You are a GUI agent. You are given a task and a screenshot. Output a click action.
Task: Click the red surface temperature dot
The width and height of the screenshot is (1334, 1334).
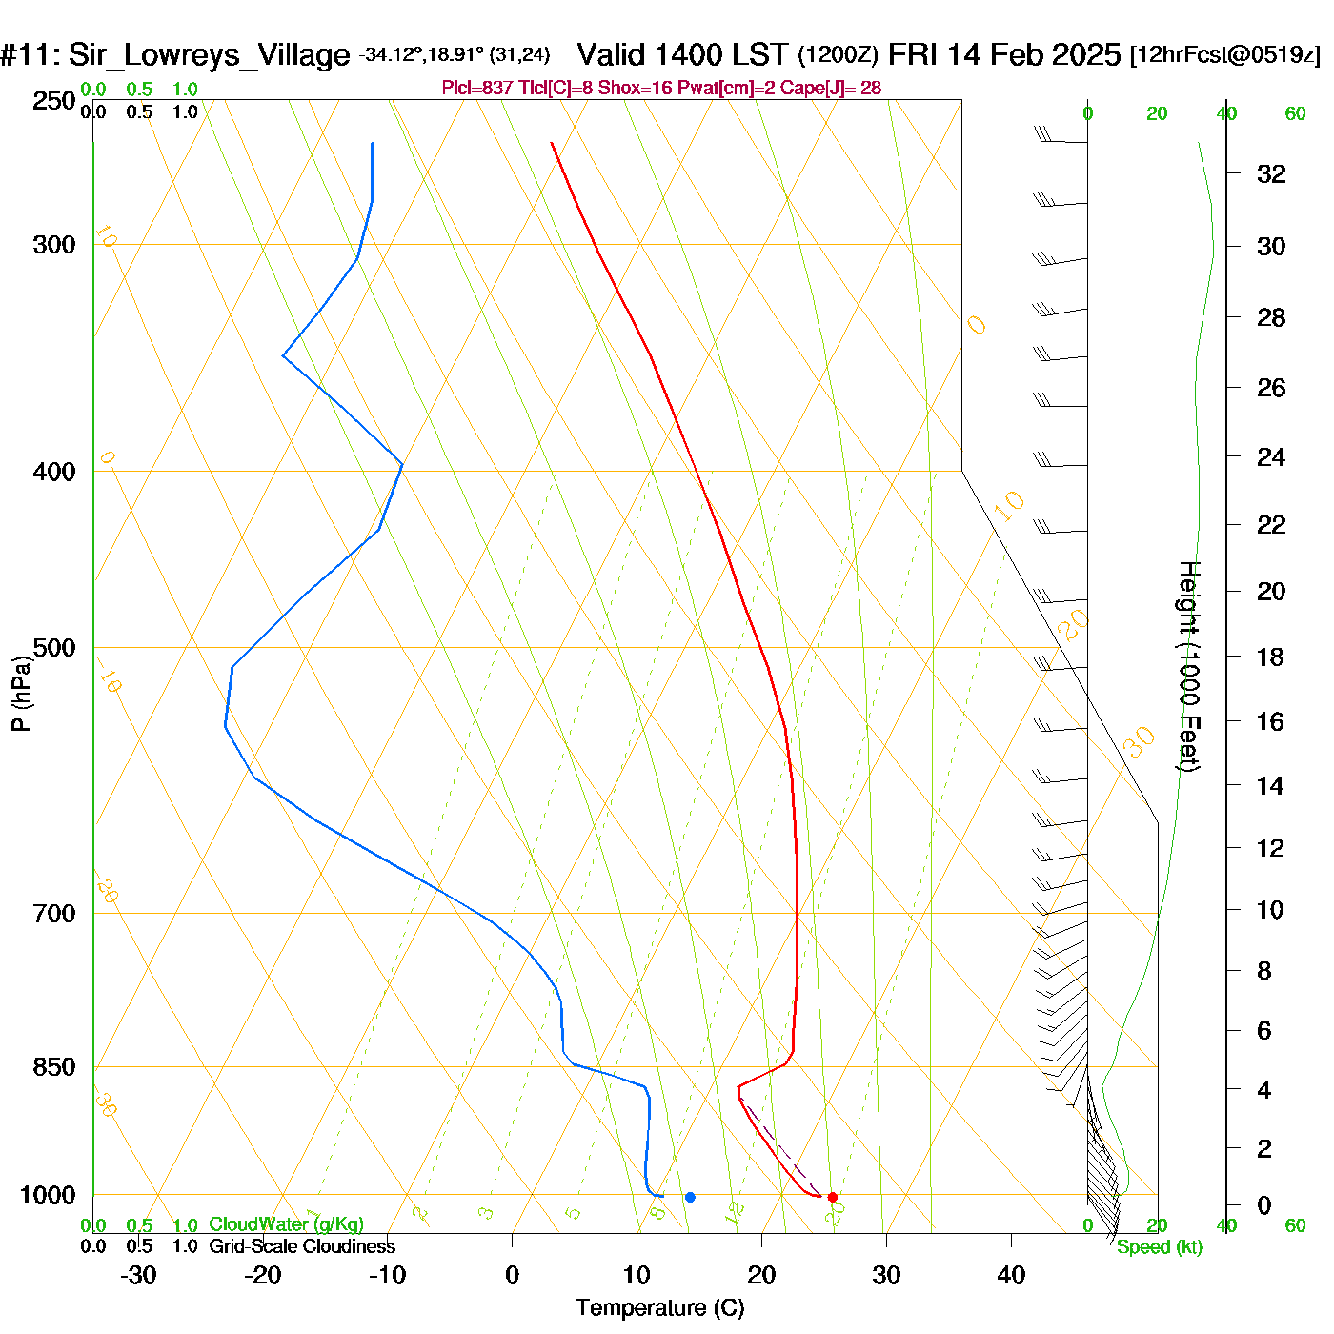pyautogui.click(x=832, y=1197)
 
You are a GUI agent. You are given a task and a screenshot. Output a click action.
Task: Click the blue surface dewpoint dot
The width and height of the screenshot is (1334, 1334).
pyautogui.click(x=690, y=1197)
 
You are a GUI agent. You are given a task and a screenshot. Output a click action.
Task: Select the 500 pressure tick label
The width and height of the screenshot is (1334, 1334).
pyautogui.click(x=54, y=648)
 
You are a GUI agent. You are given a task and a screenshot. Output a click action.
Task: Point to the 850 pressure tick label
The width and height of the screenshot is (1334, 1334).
pyautogui.click(x=54, y=1067)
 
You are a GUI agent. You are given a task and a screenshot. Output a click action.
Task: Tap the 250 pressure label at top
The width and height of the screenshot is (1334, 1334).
pyautogui.click(x=54, y=101)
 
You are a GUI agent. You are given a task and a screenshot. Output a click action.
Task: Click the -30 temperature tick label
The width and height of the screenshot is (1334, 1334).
pyautogui.click(x=138, y=1275)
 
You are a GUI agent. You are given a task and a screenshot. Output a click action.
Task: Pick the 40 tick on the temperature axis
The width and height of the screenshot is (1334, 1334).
pyautogui.click(x=1011, y=1275)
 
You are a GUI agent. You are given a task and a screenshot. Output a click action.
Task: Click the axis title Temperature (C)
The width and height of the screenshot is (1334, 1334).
pyautogui.click(x=659, y=1308)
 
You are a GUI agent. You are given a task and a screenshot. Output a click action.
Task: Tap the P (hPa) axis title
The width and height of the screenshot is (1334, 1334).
pyautogui.click(x=21, y=694)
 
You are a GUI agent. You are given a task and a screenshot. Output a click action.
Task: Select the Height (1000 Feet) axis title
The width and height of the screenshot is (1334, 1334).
pyautogui.click(x=1189, y=666)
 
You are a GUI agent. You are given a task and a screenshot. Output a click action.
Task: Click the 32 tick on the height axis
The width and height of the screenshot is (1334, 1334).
pyautogui.click(x=1271, y=174)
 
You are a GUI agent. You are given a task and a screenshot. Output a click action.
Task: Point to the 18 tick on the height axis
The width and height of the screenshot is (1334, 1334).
pyautogui.click(x=1271, y=657)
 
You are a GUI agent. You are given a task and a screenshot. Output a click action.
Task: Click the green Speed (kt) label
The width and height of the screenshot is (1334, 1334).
pyautogui.click(x=1159, y=1247)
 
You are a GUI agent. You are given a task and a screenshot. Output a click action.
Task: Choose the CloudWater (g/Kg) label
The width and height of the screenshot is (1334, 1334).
pyautogui.click(x=286, y=1224)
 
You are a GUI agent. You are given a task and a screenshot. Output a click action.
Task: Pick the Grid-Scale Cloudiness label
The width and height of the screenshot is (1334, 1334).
pyautogui.click(x=302, y=1246)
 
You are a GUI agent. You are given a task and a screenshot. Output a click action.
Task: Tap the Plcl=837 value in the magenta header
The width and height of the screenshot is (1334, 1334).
pyautogui.click(x=476, y=89)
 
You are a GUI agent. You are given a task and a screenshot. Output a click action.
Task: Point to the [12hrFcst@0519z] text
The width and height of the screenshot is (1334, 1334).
pyautogui.click(x=1225, y=55)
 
